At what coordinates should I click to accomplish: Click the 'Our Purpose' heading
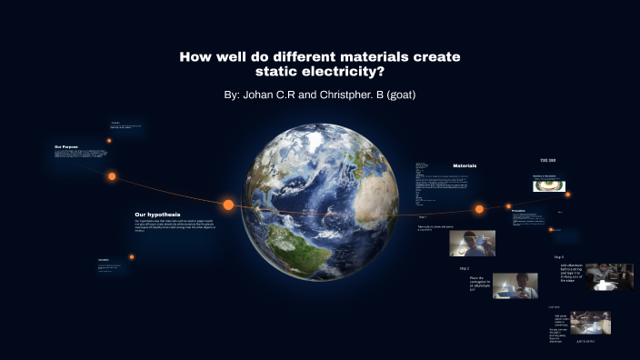(x=66, y=146)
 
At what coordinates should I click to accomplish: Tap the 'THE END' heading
(x=548, y=160)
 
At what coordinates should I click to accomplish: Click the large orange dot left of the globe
(x=228, y=205)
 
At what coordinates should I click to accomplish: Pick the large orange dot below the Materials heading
(x=478, y=209)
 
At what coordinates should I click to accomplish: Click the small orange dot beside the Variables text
(x=132, y=256)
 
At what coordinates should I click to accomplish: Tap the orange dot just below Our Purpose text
(x=112, y=176)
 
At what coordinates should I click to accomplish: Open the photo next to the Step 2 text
(x=515, y=286)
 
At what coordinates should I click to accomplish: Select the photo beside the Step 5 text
(x=608, y=276)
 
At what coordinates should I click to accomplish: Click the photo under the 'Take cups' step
(x=471, y=243)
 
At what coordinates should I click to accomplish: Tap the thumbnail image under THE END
(x=548, y=185)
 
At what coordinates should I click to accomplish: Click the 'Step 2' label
(x=464, y=268)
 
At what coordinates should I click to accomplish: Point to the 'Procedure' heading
(x=518, y=210)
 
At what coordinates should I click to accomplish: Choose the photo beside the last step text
(x=589, y=324)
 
